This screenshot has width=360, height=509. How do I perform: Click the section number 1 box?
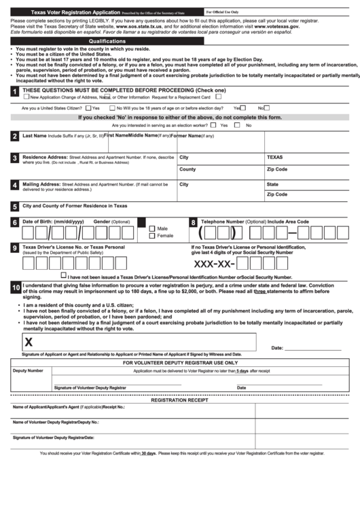pyautogui.click(x=15, y=92)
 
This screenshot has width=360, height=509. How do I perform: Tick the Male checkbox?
pyautogui.click(x=153, y=229)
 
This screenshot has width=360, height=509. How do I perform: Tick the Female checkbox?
pyautogui.click(x=153, y=236)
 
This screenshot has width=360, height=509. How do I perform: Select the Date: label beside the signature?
pyautogui.click(x=277, y=348)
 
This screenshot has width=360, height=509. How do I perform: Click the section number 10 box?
pyautogui.click(x=15, y=288)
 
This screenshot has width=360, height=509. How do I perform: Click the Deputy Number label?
pyautogui.click(x=28, y=370)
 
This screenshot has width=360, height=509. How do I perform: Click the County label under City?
pyautogui.click(x=187, y=169)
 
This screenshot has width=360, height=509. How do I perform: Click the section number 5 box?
pyautogui.click(x=15, y=207)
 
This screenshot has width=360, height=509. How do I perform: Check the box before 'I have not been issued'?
pyautogui.click(x=64, y=276)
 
